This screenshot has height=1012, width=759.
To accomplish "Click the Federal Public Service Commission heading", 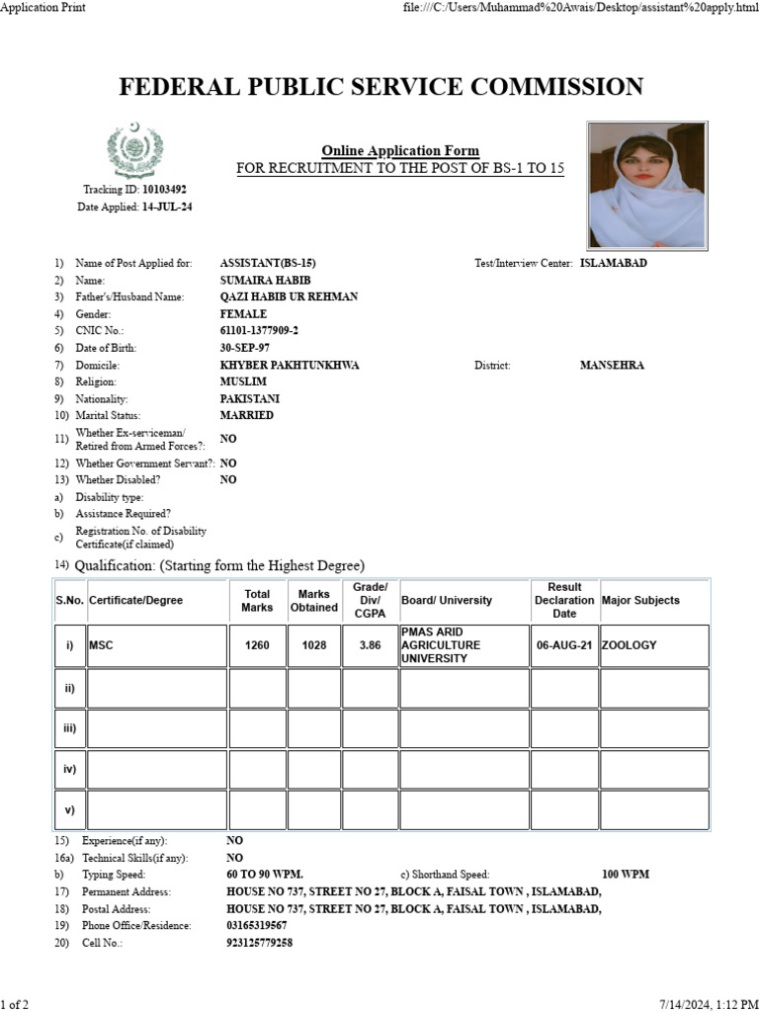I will click(x=380, y=87).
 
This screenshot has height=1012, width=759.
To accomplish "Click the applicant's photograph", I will click(x=645, y=187).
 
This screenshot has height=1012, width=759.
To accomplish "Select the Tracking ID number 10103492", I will click(x=164, y=189).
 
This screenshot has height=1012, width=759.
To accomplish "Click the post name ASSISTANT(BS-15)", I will click(x=268, y=264).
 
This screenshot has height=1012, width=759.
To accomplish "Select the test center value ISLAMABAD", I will click(x=614, y=264).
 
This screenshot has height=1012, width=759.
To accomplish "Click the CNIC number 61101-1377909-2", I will click(x=259, y=331).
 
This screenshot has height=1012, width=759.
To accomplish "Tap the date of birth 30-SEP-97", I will click(x=245, y=348).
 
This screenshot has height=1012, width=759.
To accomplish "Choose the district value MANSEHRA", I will click(x=612, y=365).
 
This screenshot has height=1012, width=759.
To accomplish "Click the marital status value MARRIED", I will click(x=247, y=415).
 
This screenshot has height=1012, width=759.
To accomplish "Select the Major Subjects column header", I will click(x=640, y=600).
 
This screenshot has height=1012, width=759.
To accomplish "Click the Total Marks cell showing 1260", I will click(x=257, y=645).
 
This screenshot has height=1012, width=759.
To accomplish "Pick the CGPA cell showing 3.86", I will click(x=370, y=645).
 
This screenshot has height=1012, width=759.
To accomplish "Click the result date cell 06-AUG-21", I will click(x=563, y=645).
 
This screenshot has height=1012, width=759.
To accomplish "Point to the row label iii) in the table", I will click(x=69, y=727).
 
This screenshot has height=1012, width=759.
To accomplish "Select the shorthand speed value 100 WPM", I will click(x=626, y=875).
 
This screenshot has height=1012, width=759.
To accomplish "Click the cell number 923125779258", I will click(x=259, y=943).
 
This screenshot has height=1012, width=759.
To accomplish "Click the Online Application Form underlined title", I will click(x=400, y=151).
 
